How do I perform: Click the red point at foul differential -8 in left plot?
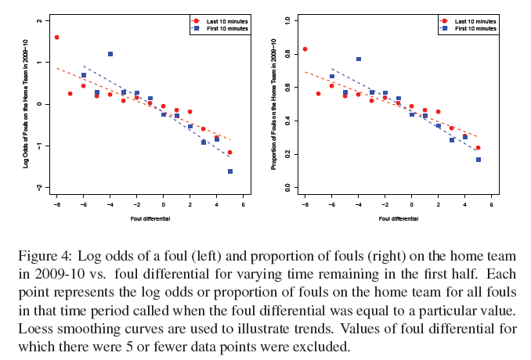pyautogui.click(x=56, y=37)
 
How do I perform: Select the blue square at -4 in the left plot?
pyautogui.click(x=110, y=54)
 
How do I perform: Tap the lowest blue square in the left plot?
pyautogui.click(x=230, y=171)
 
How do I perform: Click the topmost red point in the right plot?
pyautogui.click(x=305, y=49)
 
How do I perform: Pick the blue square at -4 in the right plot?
pyautogui.click(x=359, y=59)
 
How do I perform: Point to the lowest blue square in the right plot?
pyautogui.click(x=479, y=160)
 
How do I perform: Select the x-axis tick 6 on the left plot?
pyautogui.click(x=244, y=205)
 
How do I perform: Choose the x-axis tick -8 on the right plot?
pyautogui.click(x=305, y=205)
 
